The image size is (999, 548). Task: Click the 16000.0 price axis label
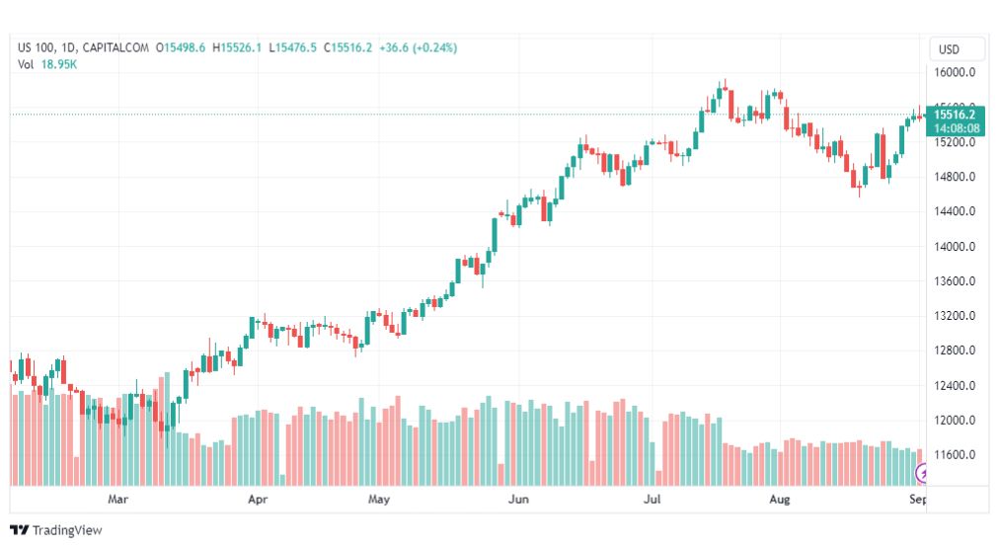tap(955, 73)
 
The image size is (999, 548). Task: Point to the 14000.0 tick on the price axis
tap(955, 247)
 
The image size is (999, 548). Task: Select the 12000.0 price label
tap(955, 421)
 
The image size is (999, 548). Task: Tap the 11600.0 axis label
tap(955, 455)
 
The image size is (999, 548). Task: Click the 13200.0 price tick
tap(955, 316)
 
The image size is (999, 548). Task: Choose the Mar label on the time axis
tap(117, 499)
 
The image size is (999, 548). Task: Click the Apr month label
tap(258, 499)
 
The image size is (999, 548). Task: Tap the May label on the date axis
tap(378, 499)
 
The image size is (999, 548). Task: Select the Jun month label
tap(518, 499)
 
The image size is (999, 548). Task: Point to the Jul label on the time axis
tap(652, 499)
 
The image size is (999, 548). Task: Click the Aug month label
tap(779, 499)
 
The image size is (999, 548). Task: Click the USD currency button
tap(949, 49)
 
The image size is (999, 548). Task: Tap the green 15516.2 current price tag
tap(955, 115)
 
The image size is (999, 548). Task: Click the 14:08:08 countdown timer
tap(957, 128)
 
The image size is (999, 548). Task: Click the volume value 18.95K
tap(58, 64)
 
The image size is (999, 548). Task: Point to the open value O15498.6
tap(181, 47)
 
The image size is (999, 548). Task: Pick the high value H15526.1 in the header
tap(237, 47)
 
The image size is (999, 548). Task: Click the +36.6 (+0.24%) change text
tap(418, 47)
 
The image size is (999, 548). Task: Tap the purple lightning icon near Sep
tap(921, 473)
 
